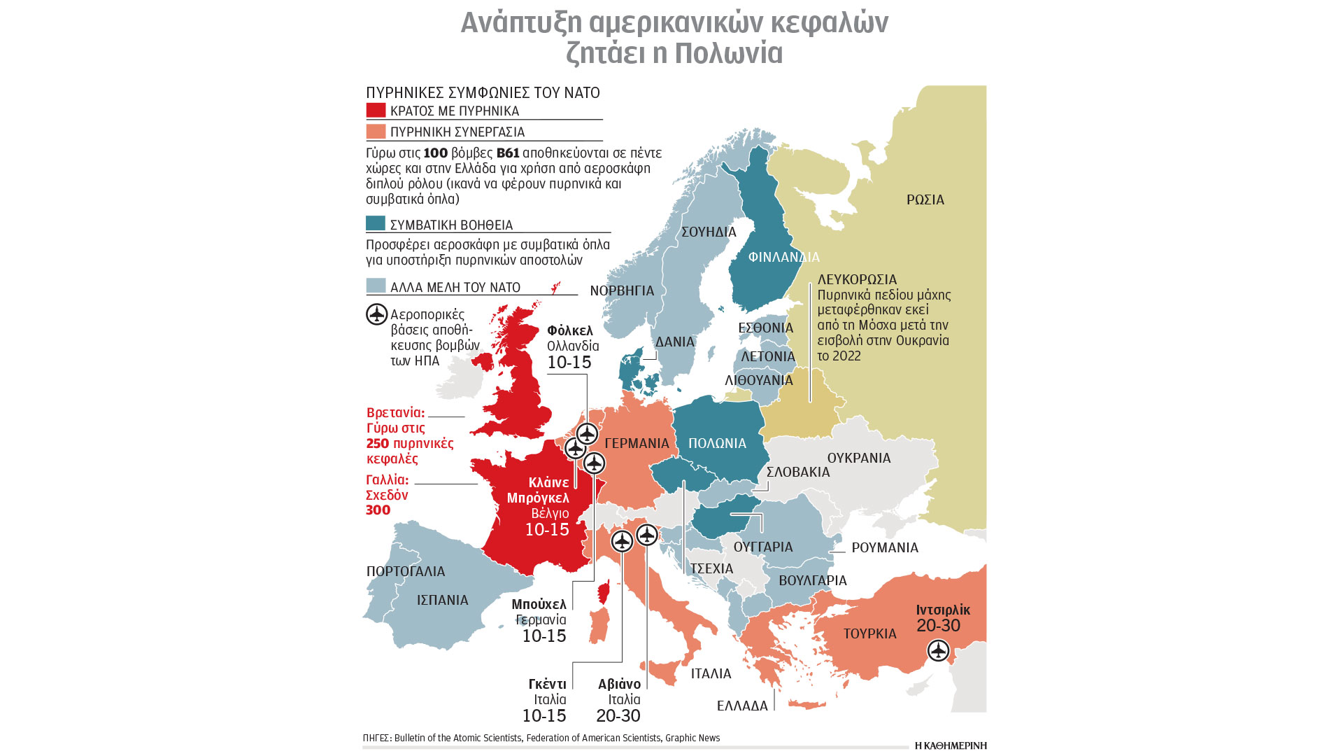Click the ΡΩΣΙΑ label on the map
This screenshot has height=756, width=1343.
point(925,200)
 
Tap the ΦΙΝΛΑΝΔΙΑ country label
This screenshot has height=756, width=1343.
point(783,258)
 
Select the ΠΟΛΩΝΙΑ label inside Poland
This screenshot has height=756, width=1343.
point(717,443)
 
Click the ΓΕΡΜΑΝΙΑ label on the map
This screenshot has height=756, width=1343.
point(637,443)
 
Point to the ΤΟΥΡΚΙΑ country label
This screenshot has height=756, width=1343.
point(869,633)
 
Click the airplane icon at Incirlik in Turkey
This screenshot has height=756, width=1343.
point(937,651)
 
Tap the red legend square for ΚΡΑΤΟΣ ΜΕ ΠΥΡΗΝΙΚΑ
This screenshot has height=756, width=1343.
point(376,111)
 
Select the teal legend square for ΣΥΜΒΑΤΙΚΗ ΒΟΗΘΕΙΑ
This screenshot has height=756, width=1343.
point(376,223)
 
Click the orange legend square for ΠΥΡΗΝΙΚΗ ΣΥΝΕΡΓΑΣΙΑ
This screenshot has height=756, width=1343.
point(376,132)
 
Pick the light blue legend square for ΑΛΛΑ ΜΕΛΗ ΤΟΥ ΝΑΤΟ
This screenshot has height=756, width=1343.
point(376,286)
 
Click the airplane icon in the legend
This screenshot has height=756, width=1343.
point(377,314)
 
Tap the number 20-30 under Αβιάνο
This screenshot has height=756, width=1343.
point(618,715)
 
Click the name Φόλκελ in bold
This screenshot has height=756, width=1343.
point(569,330)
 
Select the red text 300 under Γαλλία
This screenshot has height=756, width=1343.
point(378,510)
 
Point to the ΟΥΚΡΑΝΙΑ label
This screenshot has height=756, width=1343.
point(858,458)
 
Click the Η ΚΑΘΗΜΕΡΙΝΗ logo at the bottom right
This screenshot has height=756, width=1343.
point(950,745)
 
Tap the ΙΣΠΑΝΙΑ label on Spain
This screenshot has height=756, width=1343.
point(442,600)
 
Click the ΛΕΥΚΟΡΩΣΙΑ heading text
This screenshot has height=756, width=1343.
point(857,279)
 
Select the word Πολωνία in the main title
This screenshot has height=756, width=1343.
point(729,53)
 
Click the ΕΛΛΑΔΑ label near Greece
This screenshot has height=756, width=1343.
point(741,706)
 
